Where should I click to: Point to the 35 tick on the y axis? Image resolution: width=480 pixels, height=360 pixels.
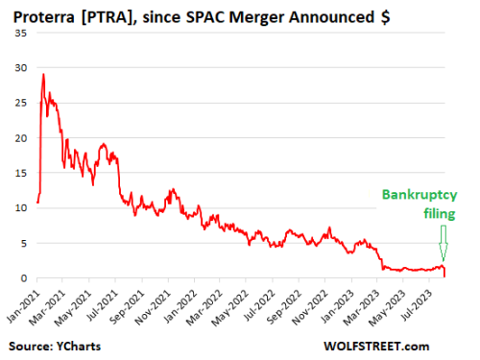click(22, 32)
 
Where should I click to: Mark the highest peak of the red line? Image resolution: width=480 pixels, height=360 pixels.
click(43, 74)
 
